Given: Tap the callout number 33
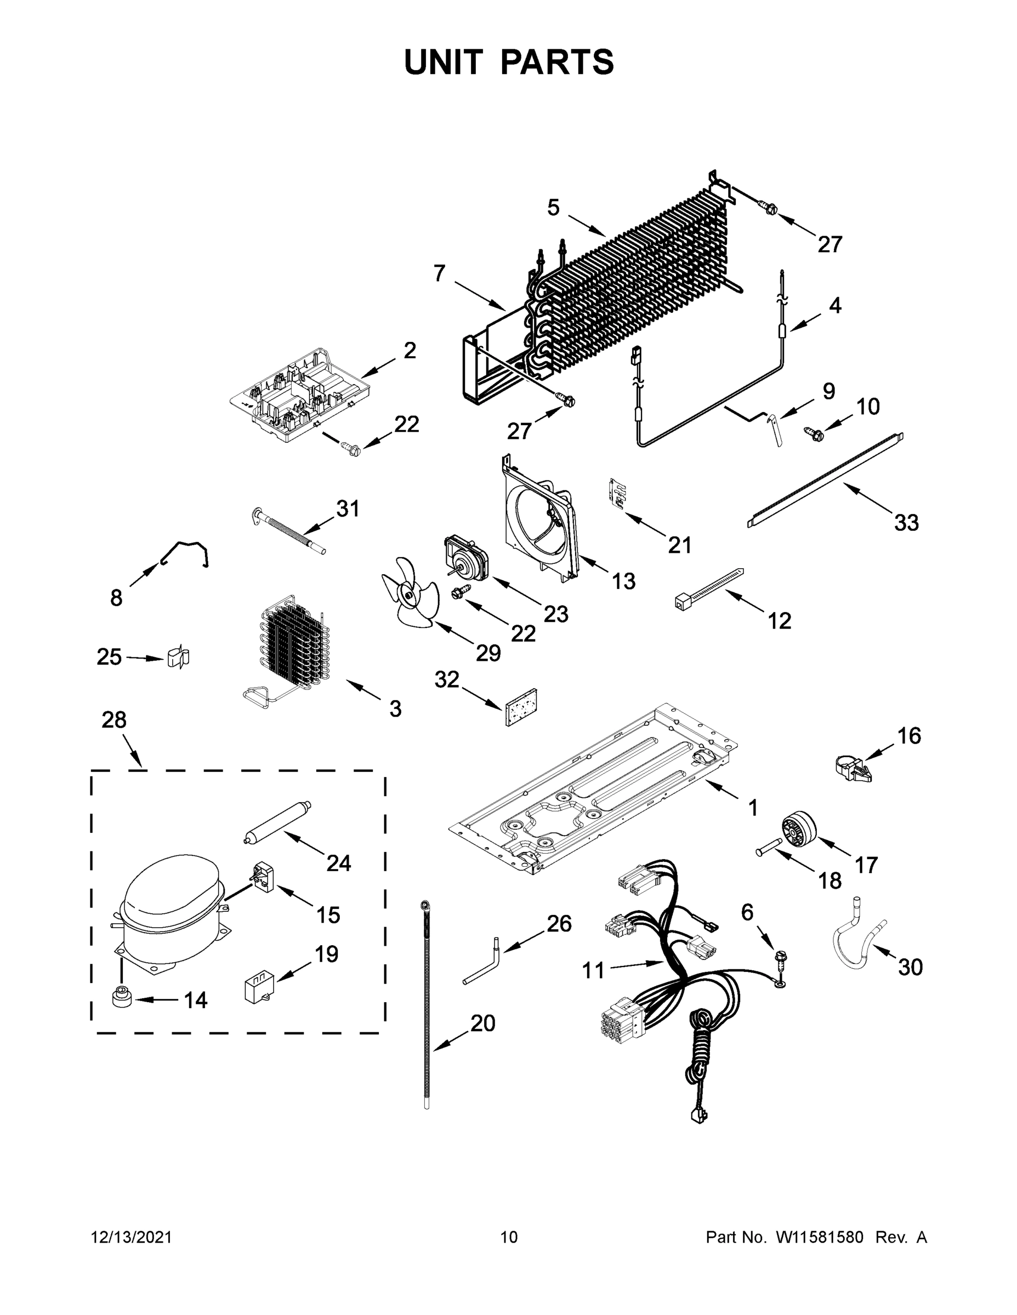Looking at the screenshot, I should (x=906, y=523).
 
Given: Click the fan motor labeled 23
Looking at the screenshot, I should (x=465, y=554).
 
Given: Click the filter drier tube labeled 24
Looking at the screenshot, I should (x=276, y=821).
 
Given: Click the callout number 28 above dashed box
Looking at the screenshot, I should (x=114, y=719).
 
